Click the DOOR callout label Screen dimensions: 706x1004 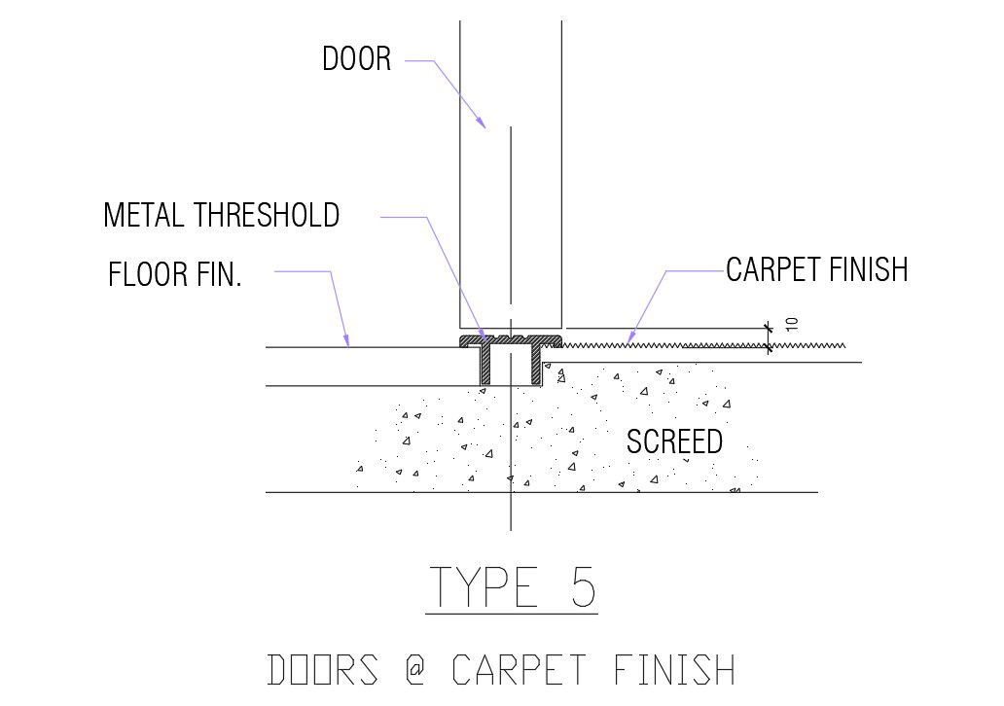point(356,59)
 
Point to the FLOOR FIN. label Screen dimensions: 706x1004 point(174,275)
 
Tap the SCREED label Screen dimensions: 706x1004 point(674,442)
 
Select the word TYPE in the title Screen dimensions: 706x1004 point(484,586)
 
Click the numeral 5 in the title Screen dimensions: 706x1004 point(582,586)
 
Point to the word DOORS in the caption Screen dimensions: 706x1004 point(322,670)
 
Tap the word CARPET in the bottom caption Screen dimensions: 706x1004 point(519,670)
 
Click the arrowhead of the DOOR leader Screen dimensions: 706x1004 point(482,124)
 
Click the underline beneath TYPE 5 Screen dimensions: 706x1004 point(512,614)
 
